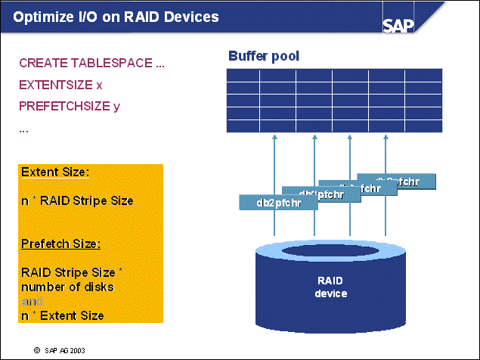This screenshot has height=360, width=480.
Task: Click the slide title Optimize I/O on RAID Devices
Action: tap(117, 17)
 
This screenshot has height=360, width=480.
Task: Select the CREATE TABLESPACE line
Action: tap(91, 63)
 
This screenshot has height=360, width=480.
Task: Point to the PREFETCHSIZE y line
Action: tap(70, 106)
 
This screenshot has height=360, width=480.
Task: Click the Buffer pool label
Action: tap(265, 55)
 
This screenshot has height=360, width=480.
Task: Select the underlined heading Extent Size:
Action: tap(55, 172)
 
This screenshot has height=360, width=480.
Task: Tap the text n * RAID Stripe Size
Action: tap(77, 200)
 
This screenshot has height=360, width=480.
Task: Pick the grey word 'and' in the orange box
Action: tap(31, 301)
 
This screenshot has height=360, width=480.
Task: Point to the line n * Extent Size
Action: tap(62, 315)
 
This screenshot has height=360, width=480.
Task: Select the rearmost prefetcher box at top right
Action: tap(398, 182)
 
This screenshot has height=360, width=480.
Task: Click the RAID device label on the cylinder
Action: tap(330, 287)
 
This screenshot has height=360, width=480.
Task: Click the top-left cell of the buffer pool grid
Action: tap(243, 76)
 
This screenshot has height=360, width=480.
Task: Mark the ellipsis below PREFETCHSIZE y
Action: tap(24, 129)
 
